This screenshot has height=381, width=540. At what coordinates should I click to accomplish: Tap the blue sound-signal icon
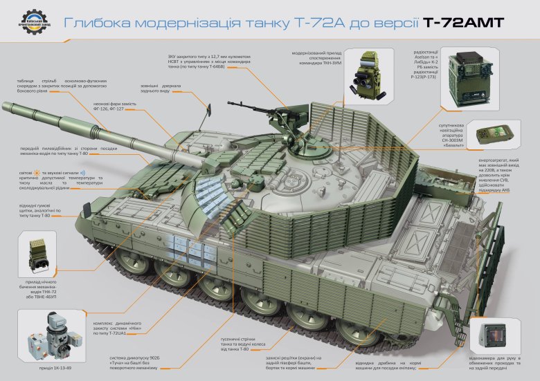[82, 172]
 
